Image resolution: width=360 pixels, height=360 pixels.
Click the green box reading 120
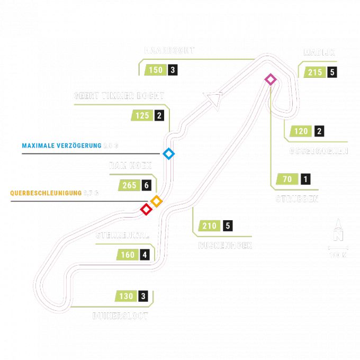[300, 132]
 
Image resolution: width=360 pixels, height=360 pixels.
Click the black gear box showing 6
[147, 185]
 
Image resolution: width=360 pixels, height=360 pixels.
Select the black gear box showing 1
[305, 179]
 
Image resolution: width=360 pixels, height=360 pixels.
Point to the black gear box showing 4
[145, 255]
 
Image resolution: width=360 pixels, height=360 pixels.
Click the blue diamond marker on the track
[168, 154]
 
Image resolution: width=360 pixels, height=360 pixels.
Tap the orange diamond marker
[156, 201]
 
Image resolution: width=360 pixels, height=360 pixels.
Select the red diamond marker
[146, 209]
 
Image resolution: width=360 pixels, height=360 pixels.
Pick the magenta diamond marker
[271, 79]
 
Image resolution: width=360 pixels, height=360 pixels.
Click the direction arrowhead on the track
[214, 98]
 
